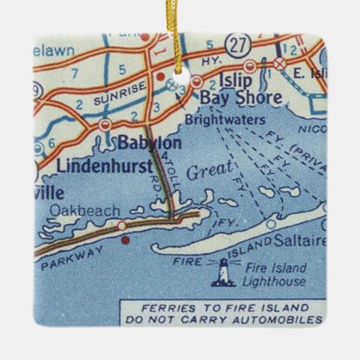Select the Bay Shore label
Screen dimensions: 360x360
240,98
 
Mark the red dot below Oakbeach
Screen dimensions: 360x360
124,239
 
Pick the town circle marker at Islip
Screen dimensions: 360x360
250,67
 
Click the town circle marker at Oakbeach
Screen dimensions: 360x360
121,225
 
